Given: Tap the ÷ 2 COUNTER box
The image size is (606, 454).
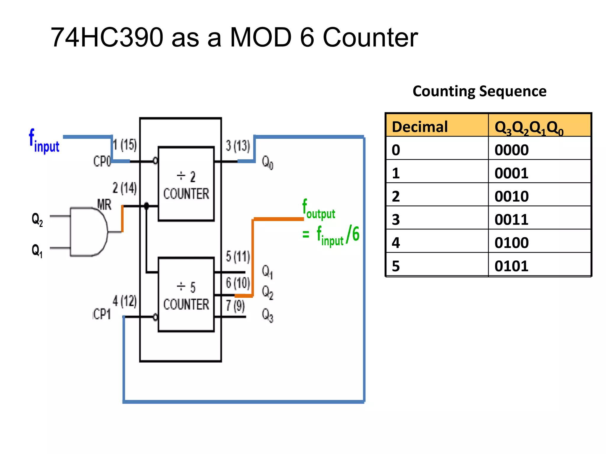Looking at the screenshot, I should click(186, 184).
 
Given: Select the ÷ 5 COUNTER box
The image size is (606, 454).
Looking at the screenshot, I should click(186, 295).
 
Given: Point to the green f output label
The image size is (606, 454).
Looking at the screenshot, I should click(319, 209).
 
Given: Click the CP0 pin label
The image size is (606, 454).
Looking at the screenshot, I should click(102, 161).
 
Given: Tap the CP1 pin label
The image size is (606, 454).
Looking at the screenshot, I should click(102, 314).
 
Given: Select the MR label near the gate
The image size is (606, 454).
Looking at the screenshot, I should click(104, 204).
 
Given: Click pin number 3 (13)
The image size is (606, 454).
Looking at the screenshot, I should click(238, 146).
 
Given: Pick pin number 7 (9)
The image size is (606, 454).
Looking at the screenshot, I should click(235, 306).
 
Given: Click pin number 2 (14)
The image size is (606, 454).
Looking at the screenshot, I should click(125, 188).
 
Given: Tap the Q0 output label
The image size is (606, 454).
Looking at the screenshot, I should click(267, 163).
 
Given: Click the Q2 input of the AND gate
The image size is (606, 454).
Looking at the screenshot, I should click(37, 220).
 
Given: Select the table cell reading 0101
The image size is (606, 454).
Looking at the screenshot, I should click(511, 266).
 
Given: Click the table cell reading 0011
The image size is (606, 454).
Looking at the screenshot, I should click(511, 220).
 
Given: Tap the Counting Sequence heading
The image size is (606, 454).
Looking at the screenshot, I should click(479, 91).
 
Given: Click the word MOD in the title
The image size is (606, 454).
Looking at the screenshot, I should click(261, 38).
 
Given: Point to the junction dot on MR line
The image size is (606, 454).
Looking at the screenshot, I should click(146, 206).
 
